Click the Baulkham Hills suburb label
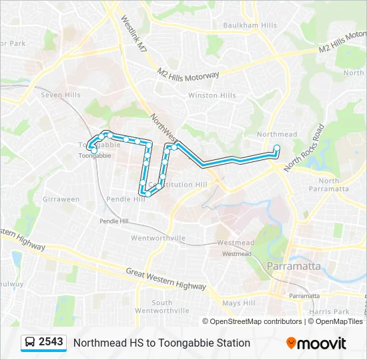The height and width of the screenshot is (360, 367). click(250, 25)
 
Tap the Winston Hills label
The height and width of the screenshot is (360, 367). click(212, 95)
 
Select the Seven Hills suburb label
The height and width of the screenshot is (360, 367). click(61, 95)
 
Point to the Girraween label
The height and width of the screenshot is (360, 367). click(61, 199)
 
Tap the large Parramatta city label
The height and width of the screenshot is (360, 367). click(293, 266)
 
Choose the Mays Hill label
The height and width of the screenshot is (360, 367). click(239, 303)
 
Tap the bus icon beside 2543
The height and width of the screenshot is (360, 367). click(30, 343)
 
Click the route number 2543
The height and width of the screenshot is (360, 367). click(51, 342)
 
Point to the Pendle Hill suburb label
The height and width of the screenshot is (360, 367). click(125, 199)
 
